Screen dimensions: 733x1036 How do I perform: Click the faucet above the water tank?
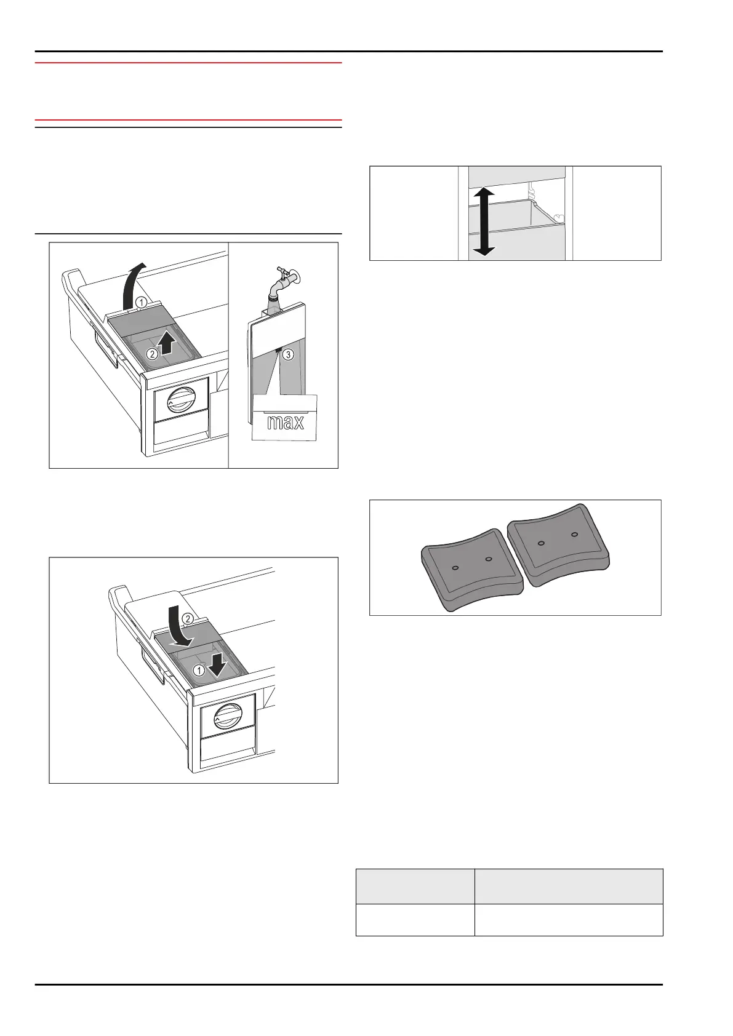tap(286, 279)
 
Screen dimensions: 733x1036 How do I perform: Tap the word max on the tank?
tap(285, 422)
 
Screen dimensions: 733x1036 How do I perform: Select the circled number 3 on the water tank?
tap(289, 354)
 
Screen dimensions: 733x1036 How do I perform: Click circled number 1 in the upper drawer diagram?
tap(141, 302)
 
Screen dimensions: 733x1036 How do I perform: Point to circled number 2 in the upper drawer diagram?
tap(152, 354)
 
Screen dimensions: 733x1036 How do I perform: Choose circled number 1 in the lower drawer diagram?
tap(198, 669)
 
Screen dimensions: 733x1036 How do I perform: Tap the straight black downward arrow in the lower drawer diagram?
tap(214, 663)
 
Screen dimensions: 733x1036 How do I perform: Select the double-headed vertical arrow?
tap(484, 221)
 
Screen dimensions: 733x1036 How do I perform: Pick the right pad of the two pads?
tap(558, 543)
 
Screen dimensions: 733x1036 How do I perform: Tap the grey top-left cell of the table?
tap(415, 886)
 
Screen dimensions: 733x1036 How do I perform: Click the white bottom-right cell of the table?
tap(569, 920)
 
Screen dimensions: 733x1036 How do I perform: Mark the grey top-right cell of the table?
tap(569, 886)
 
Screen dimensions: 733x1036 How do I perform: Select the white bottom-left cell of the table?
tap(415, 920)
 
